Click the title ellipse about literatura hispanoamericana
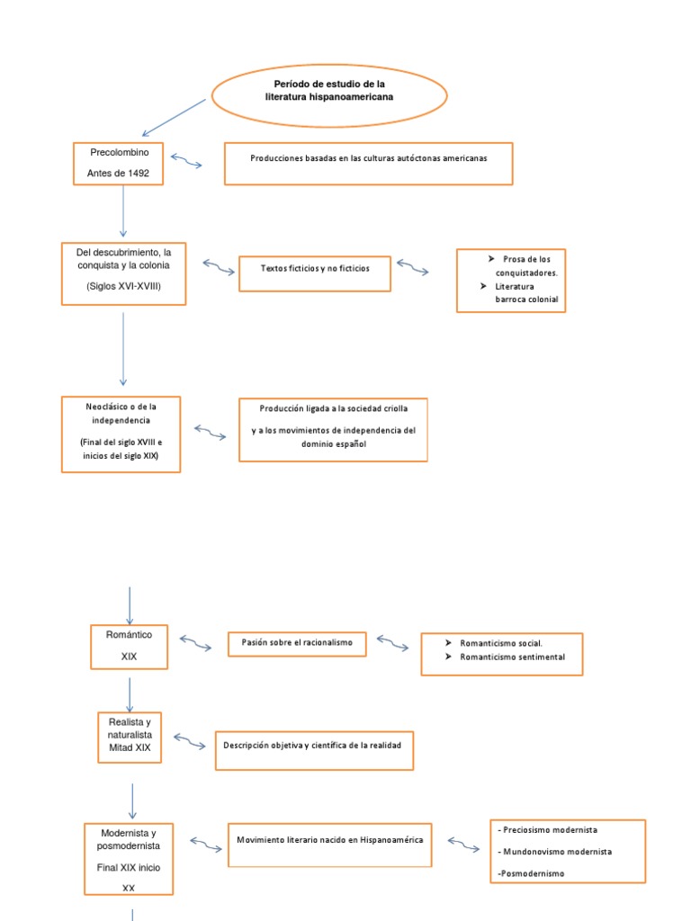(x=328, y=94)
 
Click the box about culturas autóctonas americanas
(x=368, y=163)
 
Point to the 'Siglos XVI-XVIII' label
(x=123, y=286)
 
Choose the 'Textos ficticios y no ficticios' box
(x=314, y=273)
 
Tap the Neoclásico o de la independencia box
(x=121, y=434)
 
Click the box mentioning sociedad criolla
(x=333, y=429)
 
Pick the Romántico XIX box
(x=129, y=646)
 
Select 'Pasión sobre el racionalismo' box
(x=297, y=644)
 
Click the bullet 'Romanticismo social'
(x=500, y=643)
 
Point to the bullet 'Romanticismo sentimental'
(x=511, y=657)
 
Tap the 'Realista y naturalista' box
(x=130, y=737)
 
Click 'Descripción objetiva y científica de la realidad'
(x=314, y=750)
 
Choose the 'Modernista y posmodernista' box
(x=129, y=858)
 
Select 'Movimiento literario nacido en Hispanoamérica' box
(x=329, y=844)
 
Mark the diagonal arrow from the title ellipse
(x=175, y=118)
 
